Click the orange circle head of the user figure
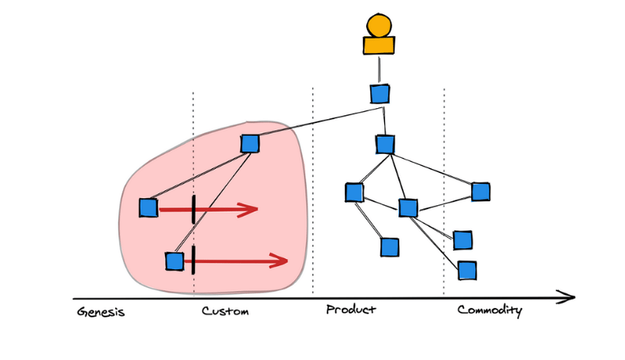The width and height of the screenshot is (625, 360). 379,25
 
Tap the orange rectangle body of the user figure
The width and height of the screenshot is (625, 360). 379,45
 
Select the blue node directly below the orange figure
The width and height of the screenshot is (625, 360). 380,94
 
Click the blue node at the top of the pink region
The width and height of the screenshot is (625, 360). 250,143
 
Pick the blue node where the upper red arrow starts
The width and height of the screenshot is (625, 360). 148,208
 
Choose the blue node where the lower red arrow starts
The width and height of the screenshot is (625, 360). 174,261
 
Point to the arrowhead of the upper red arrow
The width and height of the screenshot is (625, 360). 251,209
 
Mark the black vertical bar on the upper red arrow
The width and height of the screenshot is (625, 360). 193,209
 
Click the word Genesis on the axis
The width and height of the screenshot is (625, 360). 101,312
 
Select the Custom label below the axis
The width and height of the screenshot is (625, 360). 225,311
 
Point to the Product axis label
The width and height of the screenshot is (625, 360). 351,309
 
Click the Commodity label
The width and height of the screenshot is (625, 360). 489,310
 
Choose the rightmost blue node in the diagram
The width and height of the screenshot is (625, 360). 481,191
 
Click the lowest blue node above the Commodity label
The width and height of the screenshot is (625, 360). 467,271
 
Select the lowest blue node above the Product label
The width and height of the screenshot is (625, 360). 390,247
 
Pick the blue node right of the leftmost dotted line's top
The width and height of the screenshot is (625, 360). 250,143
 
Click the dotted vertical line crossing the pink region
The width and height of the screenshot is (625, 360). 193,158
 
